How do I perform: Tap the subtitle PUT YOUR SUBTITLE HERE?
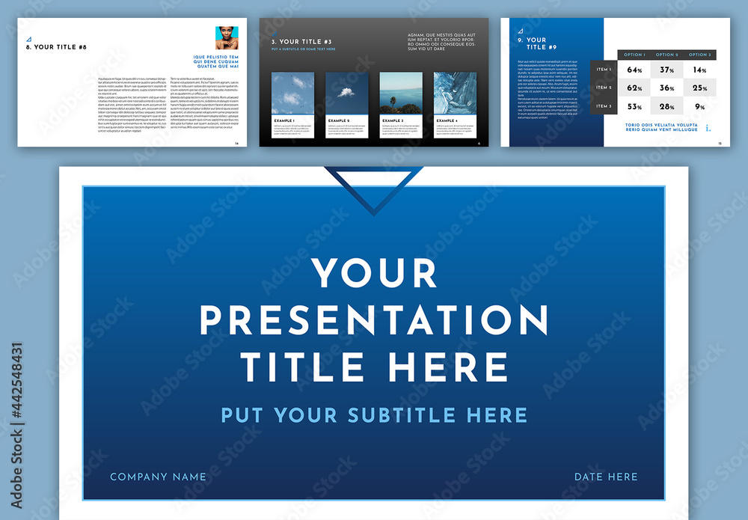[x=374, y=415]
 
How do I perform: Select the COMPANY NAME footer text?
[x=158, y=477]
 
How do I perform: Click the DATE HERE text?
[x=606, y=477]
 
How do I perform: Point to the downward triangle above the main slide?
[x=373, y=187]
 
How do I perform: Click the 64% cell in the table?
[x=635, y=70]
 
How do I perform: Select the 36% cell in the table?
[x=667, y=88]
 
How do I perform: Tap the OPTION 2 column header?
[x=666, y=55]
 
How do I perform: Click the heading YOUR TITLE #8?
[x=56, y=47]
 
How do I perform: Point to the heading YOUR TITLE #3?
[x=301, y=42]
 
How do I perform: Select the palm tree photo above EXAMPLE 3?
[x=400, y=93]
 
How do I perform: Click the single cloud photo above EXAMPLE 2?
[x=346, y=93]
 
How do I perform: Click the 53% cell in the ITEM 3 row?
[x=635, y=106]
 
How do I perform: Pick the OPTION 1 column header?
[x=634, y=55]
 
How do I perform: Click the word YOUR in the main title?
[x=374, y=273]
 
